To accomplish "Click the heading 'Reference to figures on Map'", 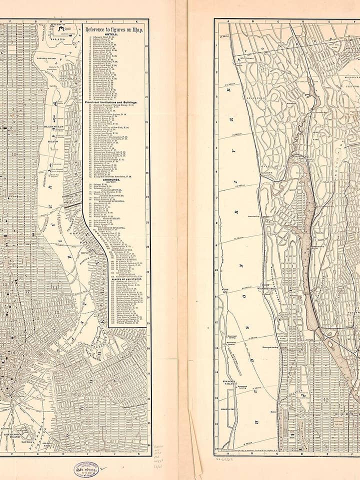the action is (x=115, y=30).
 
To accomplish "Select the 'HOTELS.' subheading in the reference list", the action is (x=115, y=35).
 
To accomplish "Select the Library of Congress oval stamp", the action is (x=86, y=469).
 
